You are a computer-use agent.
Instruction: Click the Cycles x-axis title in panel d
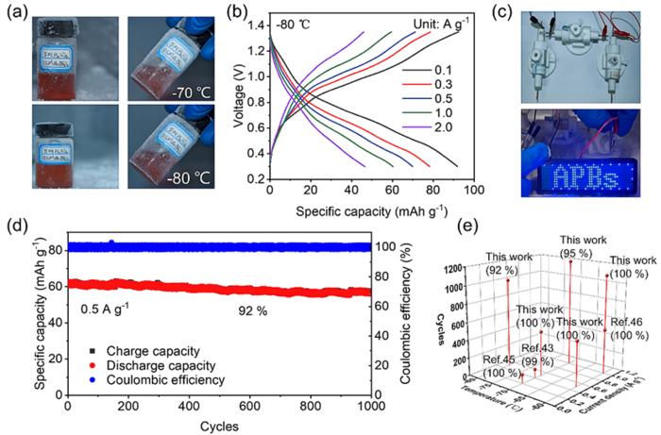coord(217,425)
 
